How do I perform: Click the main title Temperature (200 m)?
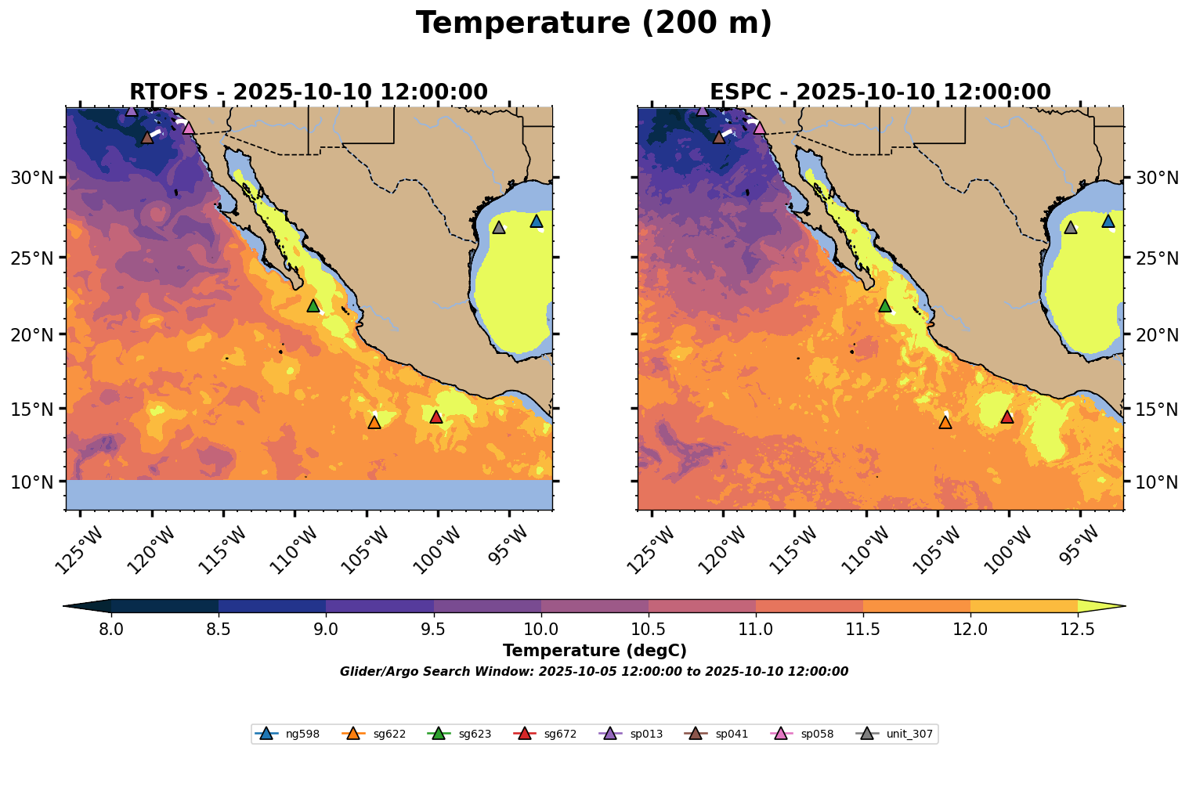tap(594, 23)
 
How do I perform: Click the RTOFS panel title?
tap(309, 92)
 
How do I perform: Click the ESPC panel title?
tap(880, 92)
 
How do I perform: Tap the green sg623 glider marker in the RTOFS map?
tap(313, 305)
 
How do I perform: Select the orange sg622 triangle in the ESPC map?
tap(945, 422)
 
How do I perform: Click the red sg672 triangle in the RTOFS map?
tap(436, 417)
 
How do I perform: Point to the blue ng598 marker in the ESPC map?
tap(1108, 222)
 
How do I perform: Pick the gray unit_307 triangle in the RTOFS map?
tap(499, 227)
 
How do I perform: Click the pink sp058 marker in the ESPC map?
tap(759, 128)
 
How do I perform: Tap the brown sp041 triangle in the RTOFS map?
tap(147, 138)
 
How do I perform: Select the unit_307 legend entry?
tap(909, 734)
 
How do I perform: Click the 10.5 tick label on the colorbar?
tap(648, 629)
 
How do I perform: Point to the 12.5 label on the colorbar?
tap(1077, 629)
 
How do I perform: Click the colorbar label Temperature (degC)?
tap(594, 651)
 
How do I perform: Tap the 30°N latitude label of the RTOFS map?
tap(32, 178)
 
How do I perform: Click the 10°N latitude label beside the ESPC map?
tap(1157, 482)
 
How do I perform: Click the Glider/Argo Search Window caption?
tap(594, 672)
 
